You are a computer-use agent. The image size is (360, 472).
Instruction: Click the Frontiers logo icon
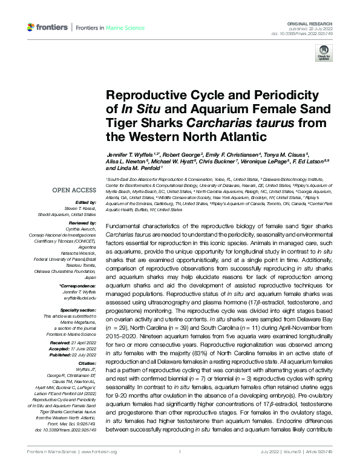tap(31, 27)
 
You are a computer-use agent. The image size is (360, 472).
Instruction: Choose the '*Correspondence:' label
tap(77, 284)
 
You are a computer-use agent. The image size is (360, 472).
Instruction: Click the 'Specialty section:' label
tap(79, 310)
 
